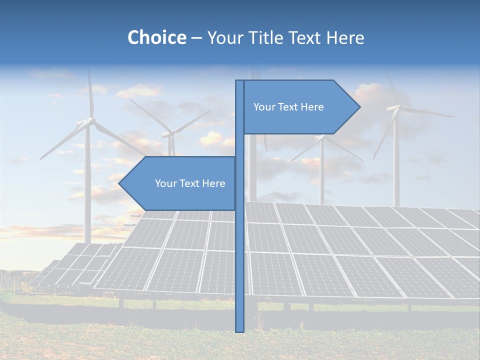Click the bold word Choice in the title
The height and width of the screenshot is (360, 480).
coord(156,37)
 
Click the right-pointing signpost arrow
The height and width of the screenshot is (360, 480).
coord(300,107)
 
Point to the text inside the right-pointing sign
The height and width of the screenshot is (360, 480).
coord(288,107)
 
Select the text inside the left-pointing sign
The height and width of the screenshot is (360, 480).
coord(190,183)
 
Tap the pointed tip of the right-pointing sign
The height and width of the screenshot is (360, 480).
coord(358,107)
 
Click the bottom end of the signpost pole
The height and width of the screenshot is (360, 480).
coord(239,330)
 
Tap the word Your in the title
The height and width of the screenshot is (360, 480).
coord(222,37)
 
